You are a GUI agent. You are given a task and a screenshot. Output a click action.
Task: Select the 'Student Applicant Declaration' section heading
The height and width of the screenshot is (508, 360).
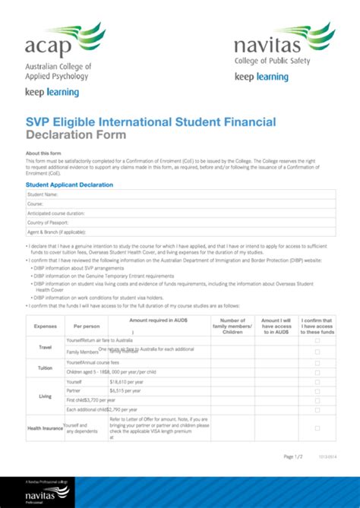click(x=69, y=185)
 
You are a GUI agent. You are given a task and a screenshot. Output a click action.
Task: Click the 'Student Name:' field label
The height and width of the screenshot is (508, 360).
click(x=43, y=195)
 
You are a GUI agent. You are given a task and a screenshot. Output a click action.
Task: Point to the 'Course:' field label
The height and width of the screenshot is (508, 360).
click(x=36, y=204)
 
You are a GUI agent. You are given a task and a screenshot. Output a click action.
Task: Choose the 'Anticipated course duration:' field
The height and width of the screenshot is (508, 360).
click(x=56, y=213)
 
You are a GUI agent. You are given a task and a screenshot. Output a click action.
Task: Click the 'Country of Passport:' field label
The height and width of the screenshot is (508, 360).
click(x=48, y=222)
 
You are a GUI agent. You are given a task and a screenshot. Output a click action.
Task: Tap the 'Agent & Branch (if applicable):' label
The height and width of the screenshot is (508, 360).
click(x=56, y=232)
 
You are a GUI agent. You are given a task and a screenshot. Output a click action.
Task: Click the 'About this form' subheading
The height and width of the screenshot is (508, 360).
click(x=43, y=153)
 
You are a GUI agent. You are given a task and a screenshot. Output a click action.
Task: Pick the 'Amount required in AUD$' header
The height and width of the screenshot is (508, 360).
click(x=159, y=322)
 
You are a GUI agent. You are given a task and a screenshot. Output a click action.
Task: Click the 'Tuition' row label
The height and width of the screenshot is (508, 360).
click(x=46, y=368)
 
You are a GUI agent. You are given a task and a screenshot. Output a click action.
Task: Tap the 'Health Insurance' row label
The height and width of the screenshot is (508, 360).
click(x=45, y=428)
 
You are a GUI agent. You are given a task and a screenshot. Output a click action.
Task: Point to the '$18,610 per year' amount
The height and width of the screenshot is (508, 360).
click(x=127, y=383)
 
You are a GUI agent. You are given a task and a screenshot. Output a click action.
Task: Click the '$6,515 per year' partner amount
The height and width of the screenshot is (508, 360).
click(x=125, y=391)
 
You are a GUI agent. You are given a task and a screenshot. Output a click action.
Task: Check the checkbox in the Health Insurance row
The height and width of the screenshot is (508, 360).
click(x=317, y=428)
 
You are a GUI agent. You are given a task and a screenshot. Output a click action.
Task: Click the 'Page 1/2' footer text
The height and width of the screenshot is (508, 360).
click(x=293, y=456)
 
